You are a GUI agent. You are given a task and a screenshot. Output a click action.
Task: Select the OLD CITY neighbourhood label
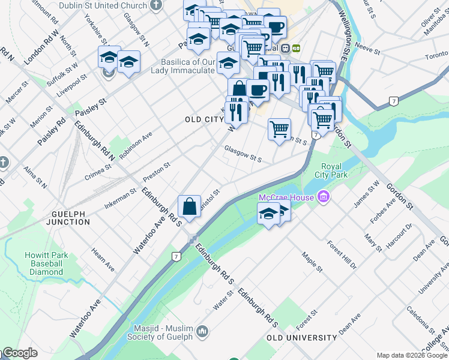(x=204, y=119)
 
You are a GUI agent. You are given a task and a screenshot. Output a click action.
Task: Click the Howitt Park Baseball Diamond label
(x=43, y=263)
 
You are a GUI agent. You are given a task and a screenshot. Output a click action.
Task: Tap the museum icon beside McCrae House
(x=324, y=197)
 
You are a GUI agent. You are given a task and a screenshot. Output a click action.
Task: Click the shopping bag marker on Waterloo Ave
(x=189, y=206)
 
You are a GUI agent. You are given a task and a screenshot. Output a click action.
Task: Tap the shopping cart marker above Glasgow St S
(x=279, y=129)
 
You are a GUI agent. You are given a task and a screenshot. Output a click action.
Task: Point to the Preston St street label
(x=158, y=170)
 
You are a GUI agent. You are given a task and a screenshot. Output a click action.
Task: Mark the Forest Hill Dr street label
(x=342, y=254)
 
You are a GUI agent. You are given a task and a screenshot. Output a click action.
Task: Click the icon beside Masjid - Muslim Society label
(x=202, y=331)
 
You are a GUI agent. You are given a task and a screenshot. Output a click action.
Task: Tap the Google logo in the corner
(x=19, y=353)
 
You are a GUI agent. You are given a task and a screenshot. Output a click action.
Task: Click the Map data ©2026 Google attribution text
(x=411, y=355)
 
